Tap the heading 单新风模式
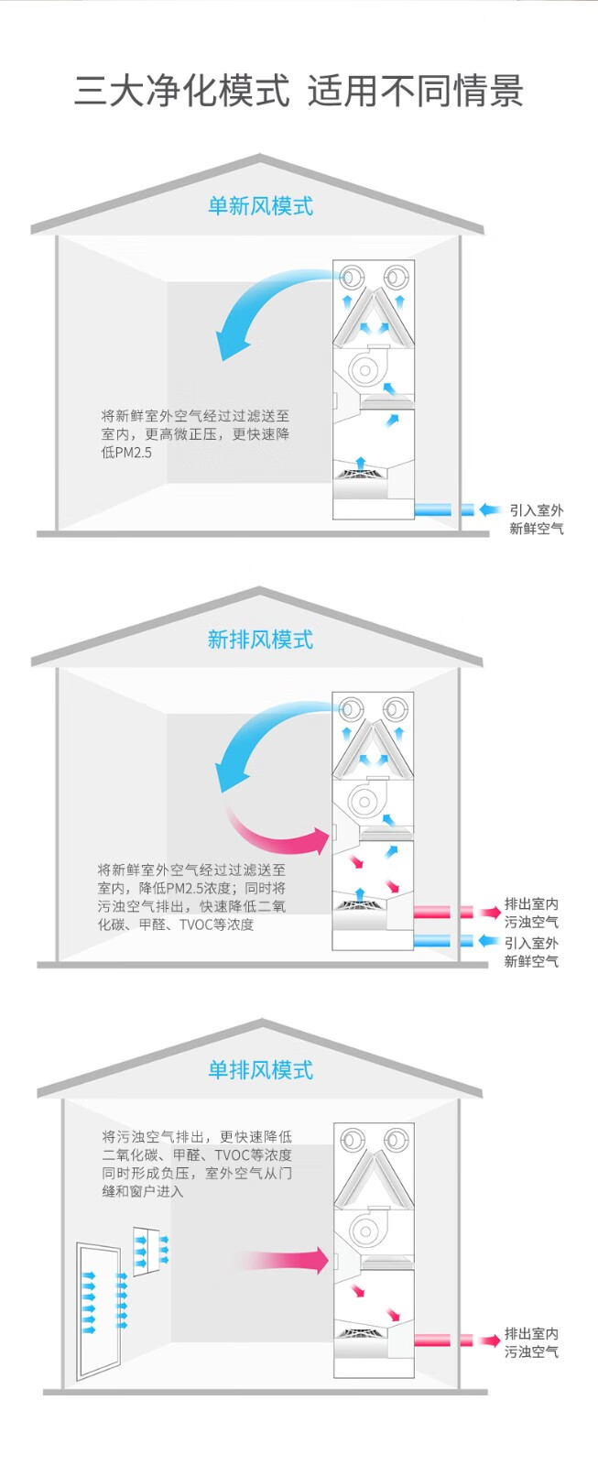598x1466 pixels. (x=260, y=206)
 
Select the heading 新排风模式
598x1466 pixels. (x=260, y=640)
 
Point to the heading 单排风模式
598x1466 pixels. (x=260, y=1069)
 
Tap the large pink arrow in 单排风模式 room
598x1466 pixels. (x=284, y=1260)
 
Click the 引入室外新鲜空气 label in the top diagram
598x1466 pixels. (x=537, y=520)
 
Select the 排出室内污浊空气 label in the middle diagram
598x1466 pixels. (x=531, y=913)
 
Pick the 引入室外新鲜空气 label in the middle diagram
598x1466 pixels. (x=531, y=952)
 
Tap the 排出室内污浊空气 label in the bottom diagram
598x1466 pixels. (x=531, y=1342)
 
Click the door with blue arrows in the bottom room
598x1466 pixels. (x=99, y=1310)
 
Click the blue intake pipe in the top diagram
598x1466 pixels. (x=444, y=509)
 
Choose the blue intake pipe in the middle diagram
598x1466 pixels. (x=443, y=941)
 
